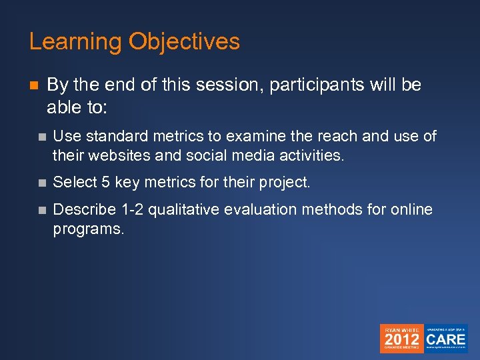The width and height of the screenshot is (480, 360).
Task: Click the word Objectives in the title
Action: click(184, 42)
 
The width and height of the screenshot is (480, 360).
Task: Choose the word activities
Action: click(312, 157)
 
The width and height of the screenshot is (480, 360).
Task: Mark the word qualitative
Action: click(183, 209)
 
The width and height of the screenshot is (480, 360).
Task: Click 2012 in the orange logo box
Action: click(401, 339)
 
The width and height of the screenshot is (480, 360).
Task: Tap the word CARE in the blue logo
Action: click(446, 337)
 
